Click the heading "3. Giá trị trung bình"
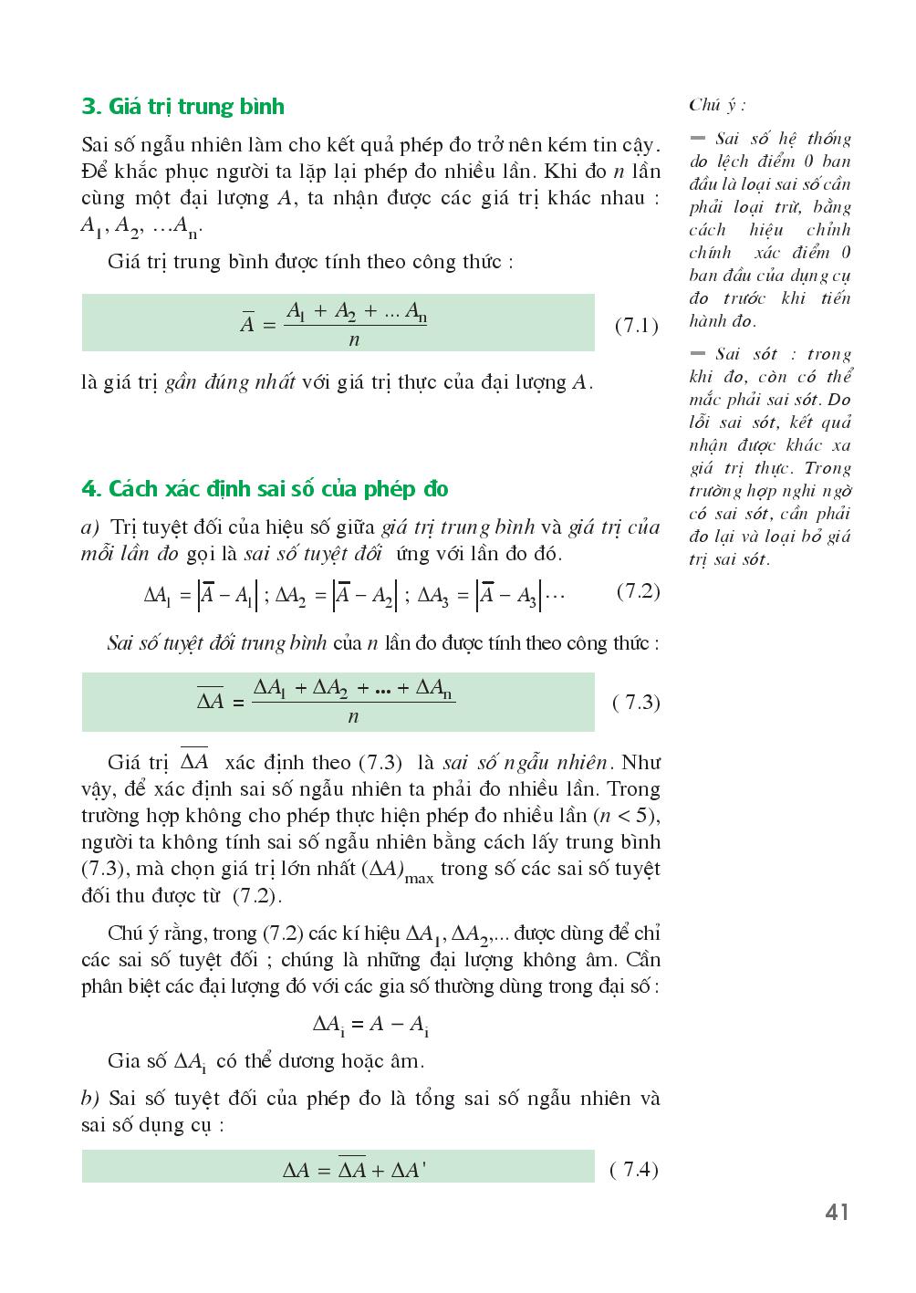182,107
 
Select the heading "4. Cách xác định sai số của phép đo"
265,489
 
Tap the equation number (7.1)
636,325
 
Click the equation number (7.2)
638,591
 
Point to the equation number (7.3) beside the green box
636,703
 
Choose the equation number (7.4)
634,1170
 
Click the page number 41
837,1213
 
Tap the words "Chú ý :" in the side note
717,105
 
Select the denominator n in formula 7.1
354,339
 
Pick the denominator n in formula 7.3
353,717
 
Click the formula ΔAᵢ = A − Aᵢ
370,1025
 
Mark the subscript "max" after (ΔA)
420,878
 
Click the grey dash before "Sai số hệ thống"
699,139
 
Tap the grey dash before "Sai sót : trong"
699,354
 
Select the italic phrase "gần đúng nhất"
230,382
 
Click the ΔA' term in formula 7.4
408,1170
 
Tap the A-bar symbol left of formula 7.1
246,322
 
